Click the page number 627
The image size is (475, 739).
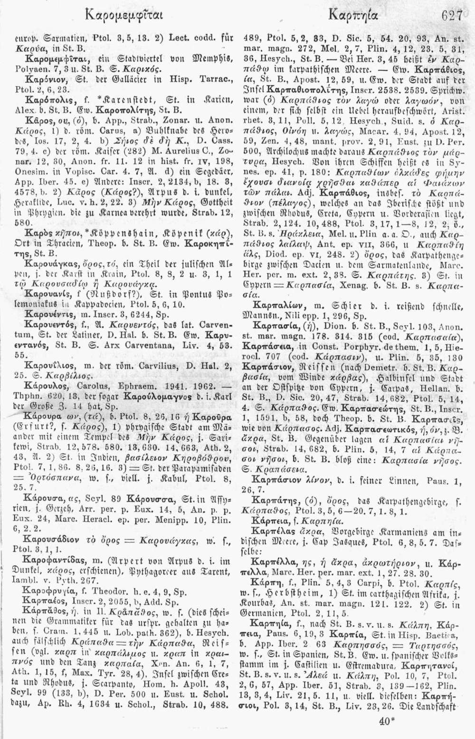pyautogui.click(x=452, y=16)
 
